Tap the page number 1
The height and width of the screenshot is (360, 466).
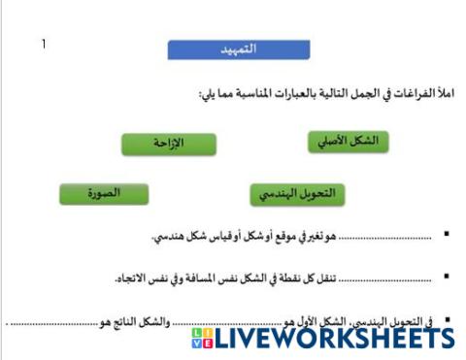click(43, 44)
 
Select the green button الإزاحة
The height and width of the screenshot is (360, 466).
click(168, 145)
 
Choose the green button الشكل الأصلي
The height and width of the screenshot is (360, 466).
click(349, 142)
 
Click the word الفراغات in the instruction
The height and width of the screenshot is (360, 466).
click(415, 94)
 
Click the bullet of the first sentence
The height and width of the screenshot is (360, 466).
click(446, 236)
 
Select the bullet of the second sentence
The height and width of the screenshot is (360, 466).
click(446, 278)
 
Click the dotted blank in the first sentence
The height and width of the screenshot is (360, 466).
click(379, 237)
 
